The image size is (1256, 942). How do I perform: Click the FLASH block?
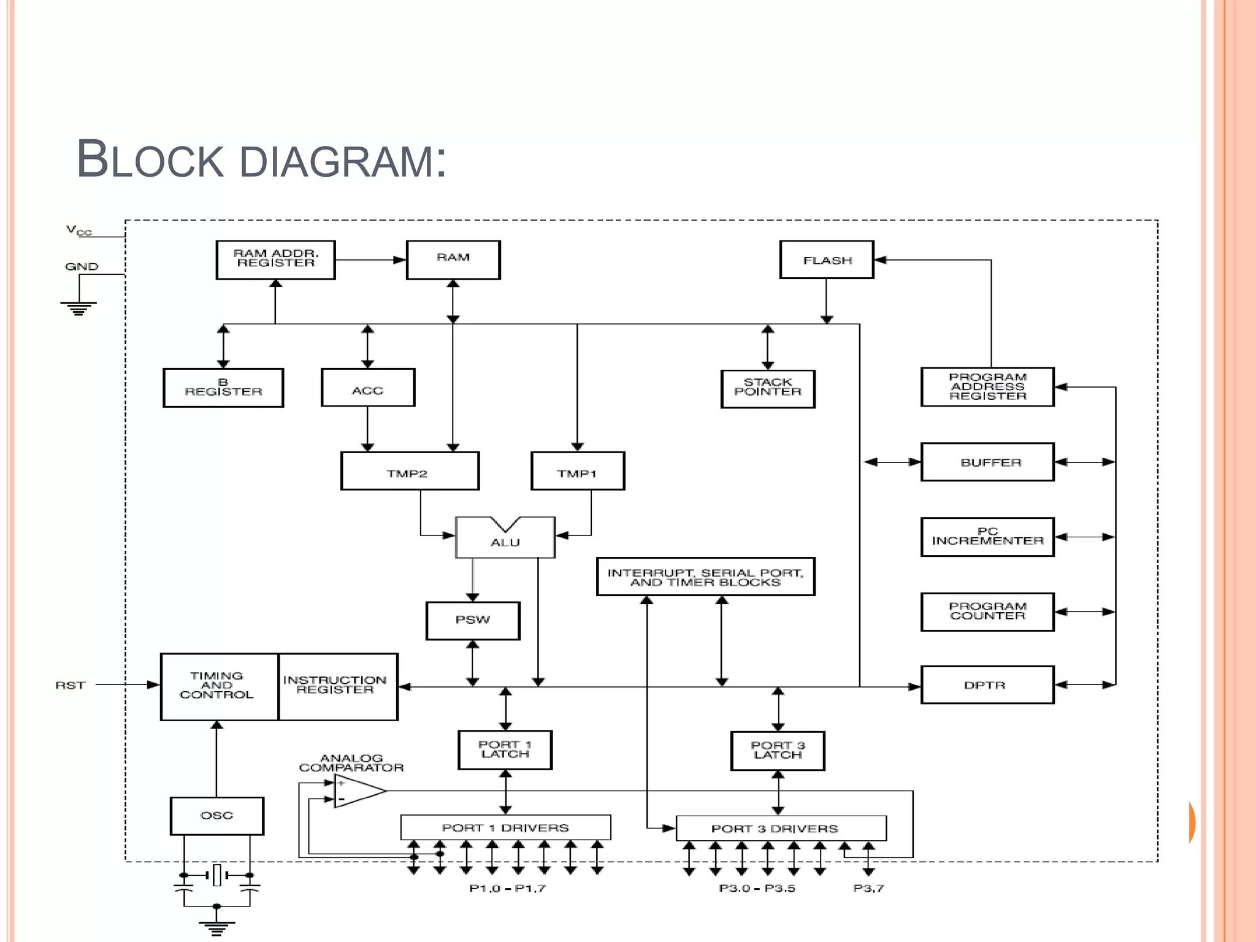click(x=826, y=260)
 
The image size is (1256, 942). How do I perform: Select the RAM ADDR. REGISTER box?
click(x=275, y=260)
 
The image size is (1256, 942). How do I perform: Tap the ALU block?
click(x=505, y=539)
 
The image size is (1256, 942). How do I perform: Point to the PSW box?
click(x=473, y=620)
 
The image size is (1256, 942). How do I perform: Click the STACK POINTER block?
click(x=767, y=388)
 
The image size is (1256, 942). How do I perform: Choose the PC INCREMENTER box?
click(x=987, y=537)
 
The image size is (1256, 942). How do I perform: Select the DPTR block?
click(x=987, y=685)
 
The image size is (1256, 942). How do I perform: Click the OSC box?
click(x=216, y=816)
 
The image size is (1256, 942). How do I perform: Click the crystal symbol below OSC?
click(x=216, y=875)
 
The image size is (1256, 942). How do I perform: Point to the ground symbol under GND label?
click(x=78, y=307)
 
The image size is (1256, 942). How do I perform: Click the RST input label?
click(x=71, y=685)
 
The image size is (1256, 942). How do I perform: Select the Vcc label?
click(x=78, y=231)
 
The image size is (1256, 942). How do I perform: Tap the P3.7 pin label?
click(x=868, y=888)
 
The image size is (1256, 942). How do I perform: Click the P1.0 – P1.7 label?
click(x=507, y=888)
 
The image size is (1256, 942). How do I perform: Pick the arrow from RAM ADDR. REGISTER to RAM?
click(x=370, y=260)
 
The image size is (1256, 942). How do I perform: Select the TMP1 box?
click(x=577, y=472)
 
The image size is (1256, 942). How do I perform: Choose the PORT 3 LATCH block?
click(x=778, y=751)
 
